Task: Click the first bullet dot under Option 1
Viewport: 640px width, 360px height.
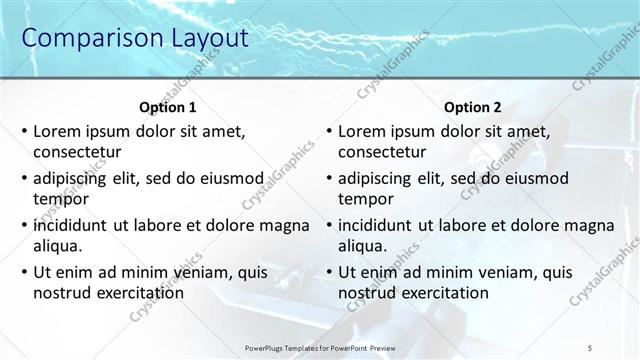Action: click(24, 132)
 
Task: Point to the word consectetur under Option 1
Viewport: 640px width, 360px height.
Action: click(77, 153)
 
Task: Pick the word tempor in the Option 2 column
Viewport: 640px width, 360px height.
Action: click(365, 199)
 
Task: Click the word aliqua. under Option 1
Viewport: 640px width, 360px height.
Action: click(58, 245)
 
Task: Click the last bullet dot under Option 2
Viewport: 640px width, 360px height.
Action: click(329, 272)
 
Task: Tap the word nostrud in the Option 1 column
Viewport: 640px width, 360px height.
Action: click(63, 292)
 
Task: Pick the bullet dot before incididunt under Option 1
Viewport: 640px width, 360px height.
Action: click(24, 225)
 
